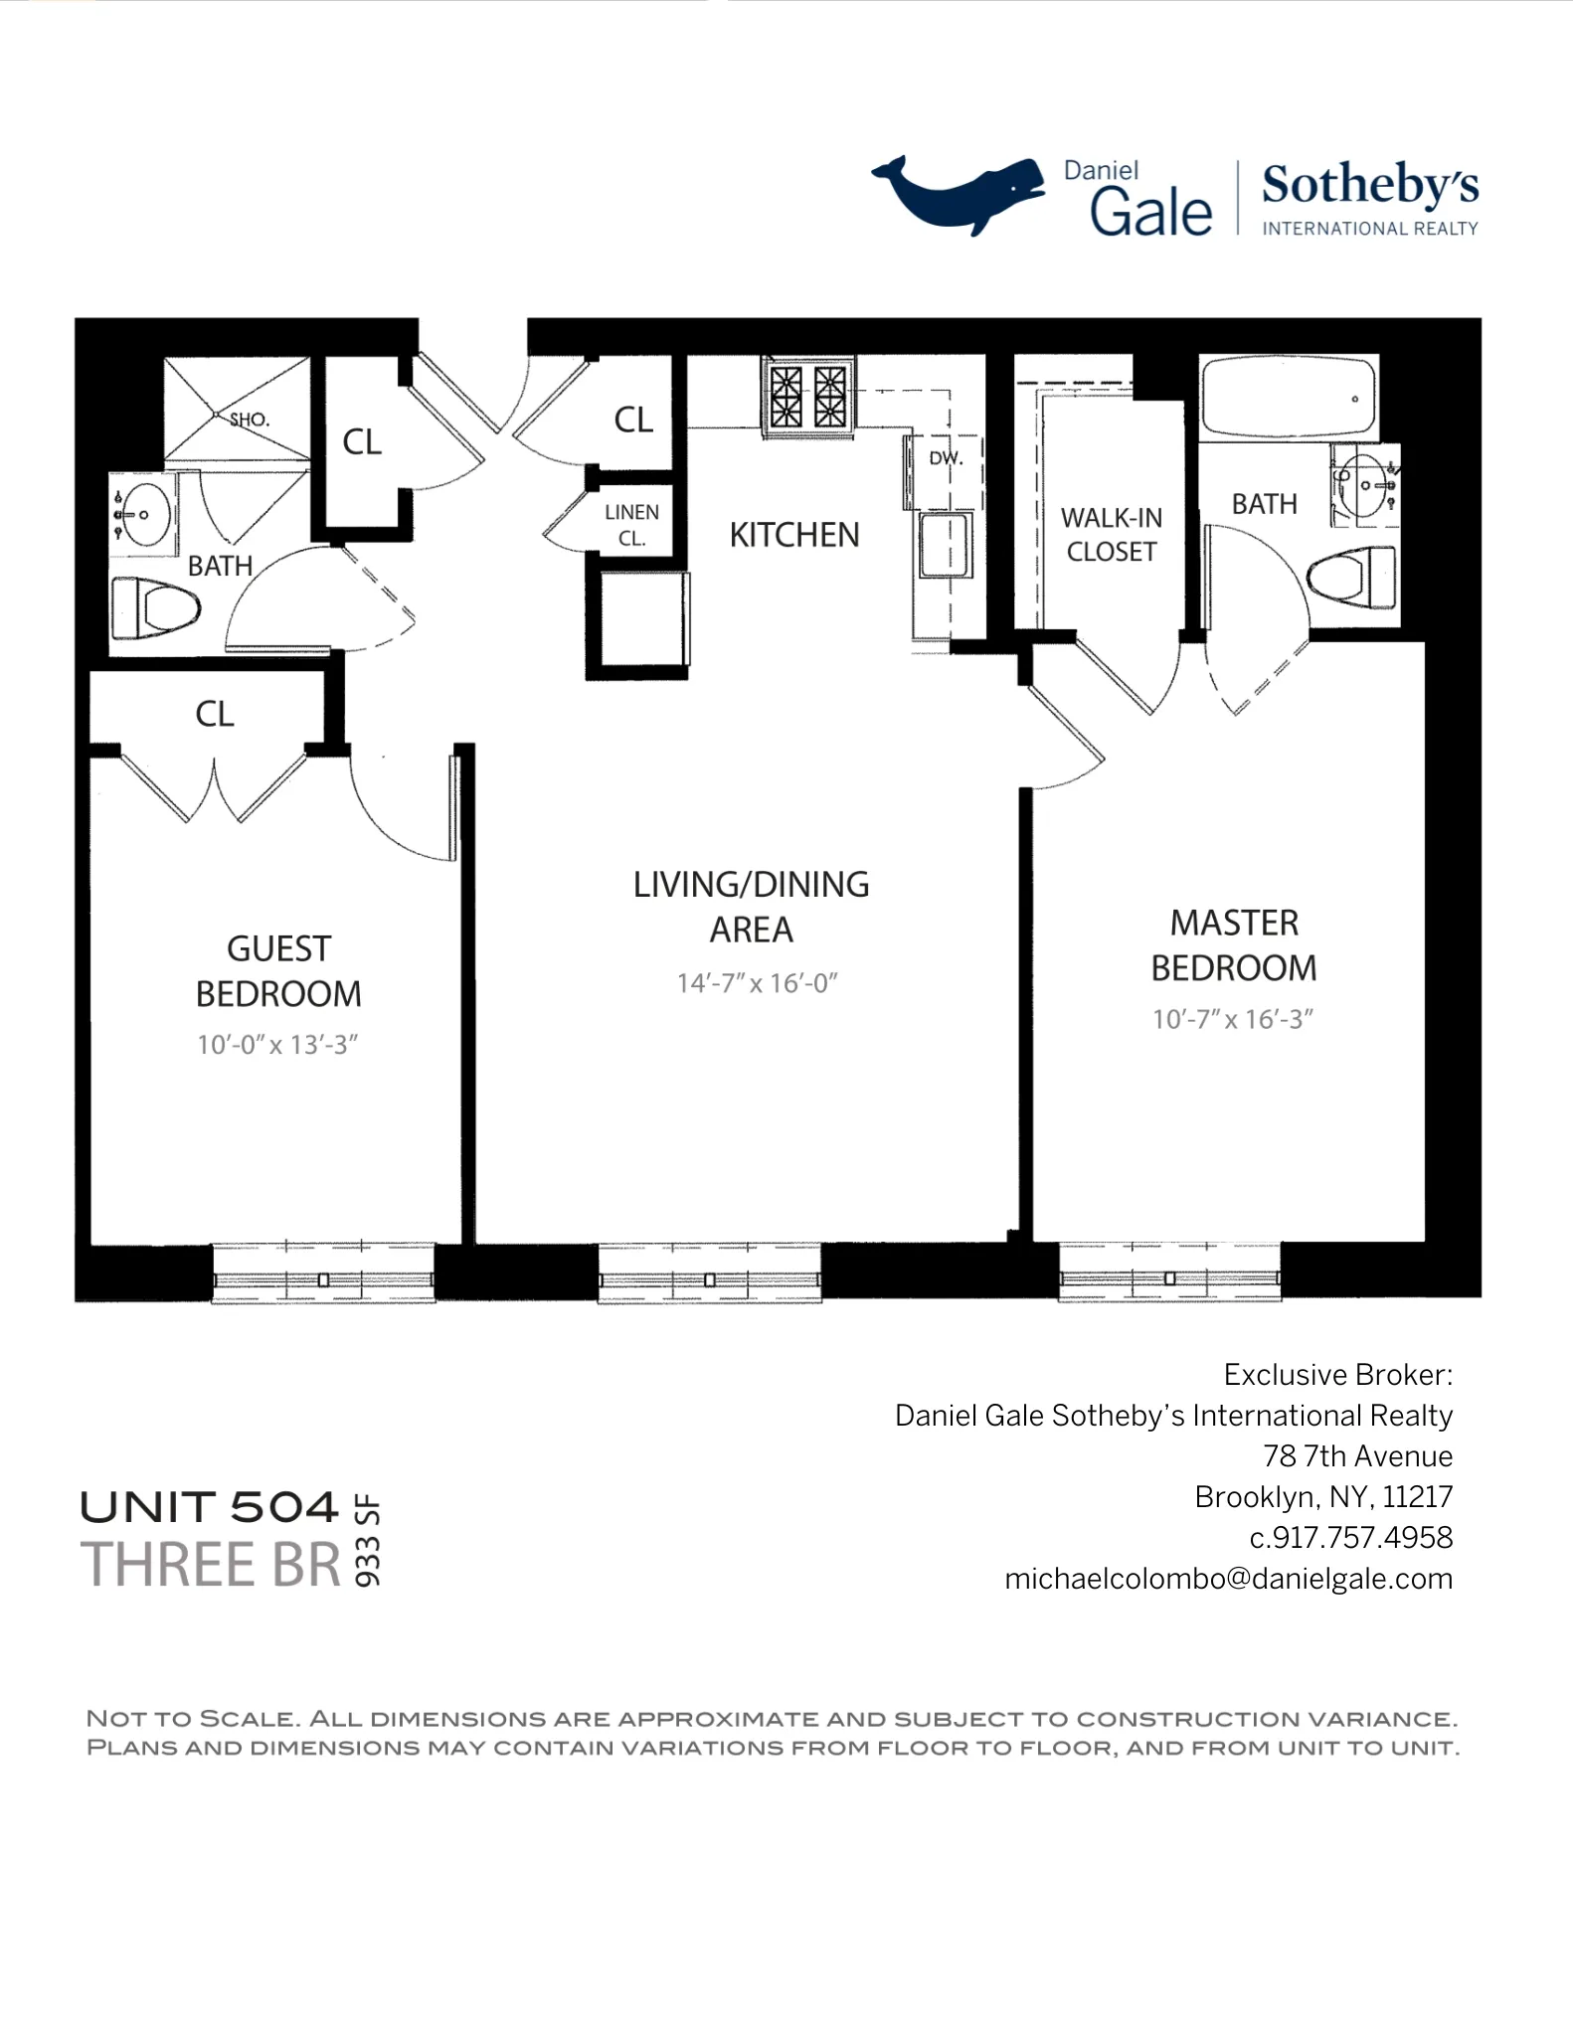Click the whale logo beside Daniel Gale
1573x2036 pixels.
[x=957, y=193]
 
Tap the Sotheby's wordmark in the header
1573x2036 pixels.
[x=1369, y=186]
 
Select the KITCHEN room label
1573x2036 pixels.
[x=793, y=535]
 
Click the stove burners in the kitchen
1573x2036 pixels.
[x=807, y=396]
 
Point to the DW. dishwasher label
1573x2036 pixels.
[x=945, y=459]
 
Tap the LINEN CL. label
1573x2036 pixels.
[x=631, y=525]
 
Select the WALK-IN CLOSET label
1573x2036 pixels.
[x=1111, y=535]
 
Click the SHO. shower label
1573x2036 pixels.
[x=249, y=420]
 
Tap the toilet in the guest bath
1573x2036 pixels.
[x=157, y=607]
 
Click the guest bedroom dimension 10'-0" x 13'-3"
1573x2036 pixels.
[x=276, y=1045]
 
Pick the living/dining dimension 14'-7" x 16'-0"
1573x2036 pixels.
[x=757, y=983]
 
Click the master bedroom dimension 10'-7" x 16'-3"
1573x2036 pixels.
[x=1232, y=1019]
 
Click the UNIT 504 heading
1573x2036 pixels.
[x=210, y=1507]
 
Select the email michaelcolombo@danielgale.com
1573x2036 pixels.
[x=1228, y=1579]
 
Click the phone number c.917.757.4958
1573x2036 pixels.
[x=1350, y=1538]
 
